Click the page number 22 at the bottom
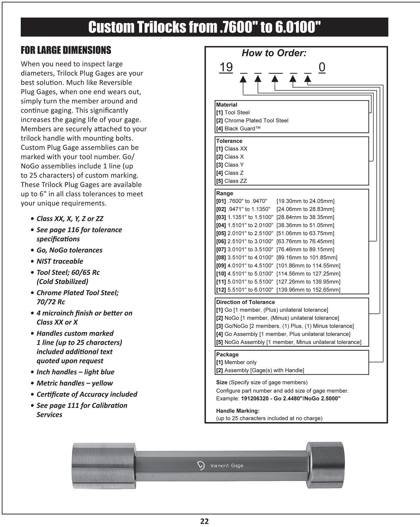click(204, 521)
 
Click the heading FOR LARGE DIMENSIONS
click(66, 50)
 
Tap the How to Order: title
click(274, 53)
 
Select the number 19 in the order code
click(226, 67)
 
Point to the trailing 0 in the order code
click(322, 67)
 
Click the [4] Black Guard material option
click(238, 129)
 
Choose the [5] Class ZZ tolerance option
click(231, 181)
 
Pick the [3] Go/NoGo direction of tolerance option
click(285, 326)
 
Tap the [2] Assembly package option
click(260, 370)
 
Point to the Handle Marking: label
click(238, 411)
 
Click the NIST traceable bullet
click(60, 261)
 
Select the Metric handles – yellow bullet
click(74, 383)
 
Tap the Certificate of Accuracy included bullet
click(87, 394)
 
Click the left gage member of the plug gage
click(103, 466)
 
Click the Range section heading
click(225, 193)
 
